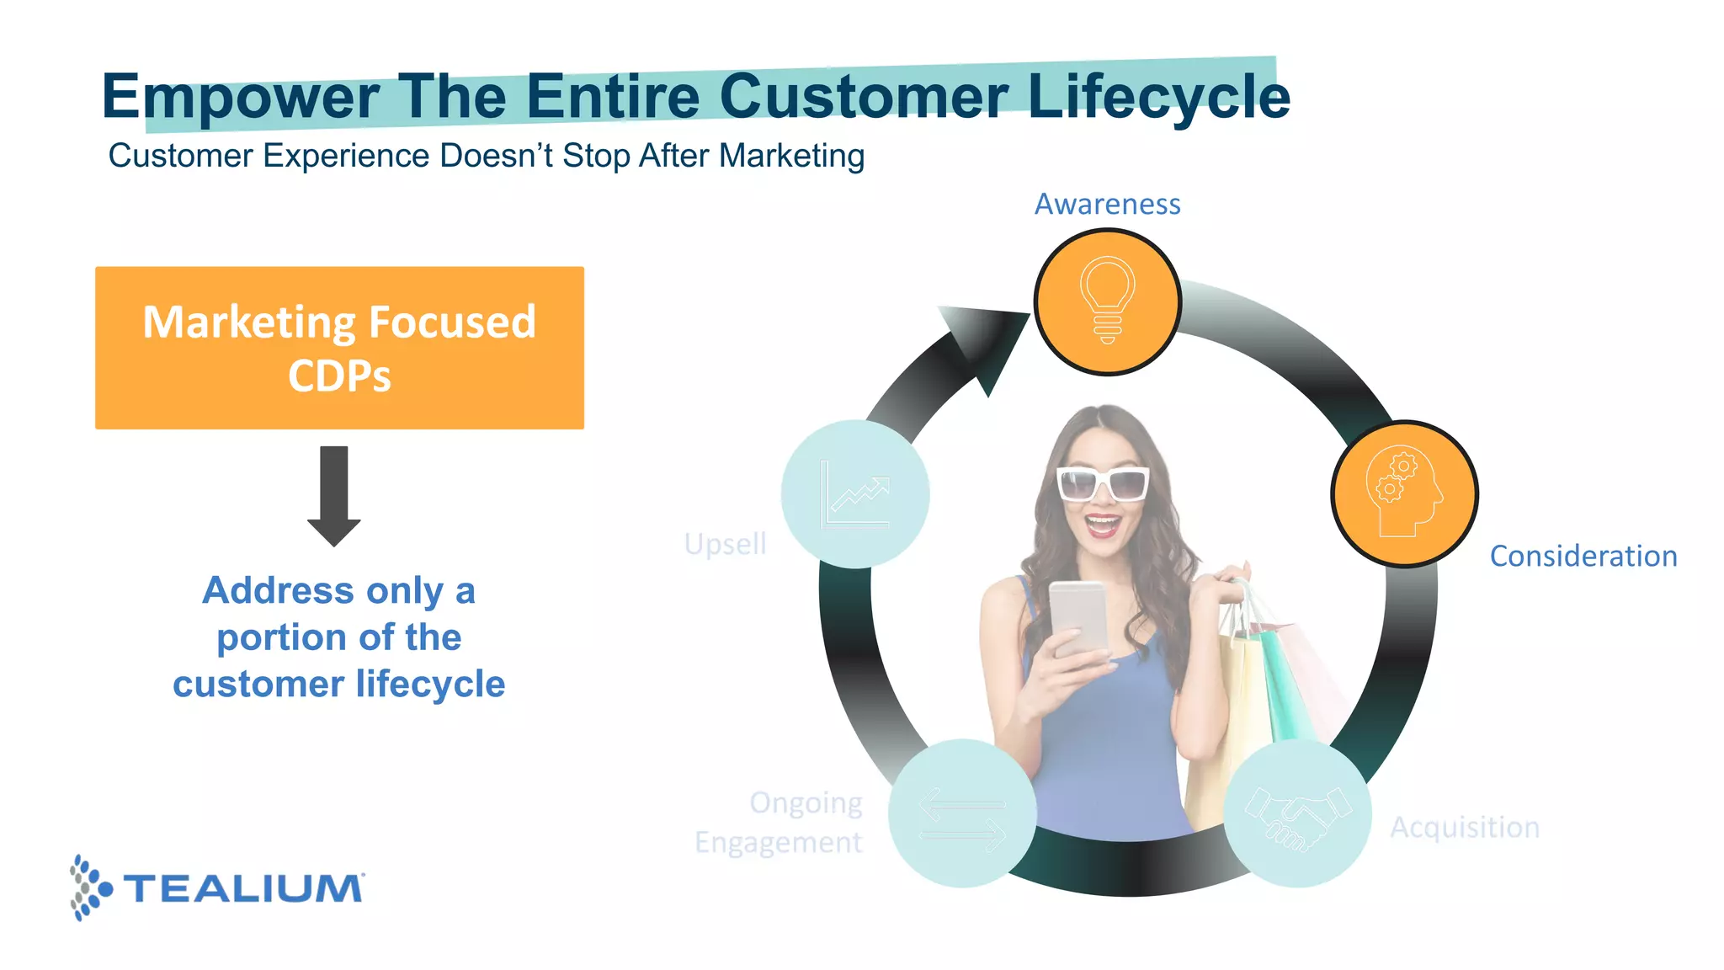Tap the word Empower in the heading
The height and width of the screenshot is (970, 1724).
click(241, 97)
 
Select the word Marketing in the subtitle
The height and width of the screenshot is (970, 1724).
click(791, 156)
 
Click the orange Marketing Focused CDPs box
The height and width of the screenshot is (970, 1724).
click(339, 348)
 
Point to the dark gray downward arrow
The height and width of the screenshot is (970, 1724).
click(334, 496)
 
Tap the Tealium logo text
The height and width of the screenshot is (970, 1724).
click(244, 889)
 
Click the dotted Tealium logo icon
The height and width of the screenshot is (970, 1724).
click(88, 887)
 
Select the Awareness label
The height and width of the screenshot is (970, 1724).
click(1107, 204)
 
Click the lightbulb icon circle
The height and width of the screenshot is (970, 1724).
click(1108, 301)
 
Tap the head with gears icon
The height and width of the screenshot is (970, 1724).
click(1403, 493)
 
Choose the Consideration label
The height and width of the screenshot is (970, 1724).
click(1583, 556)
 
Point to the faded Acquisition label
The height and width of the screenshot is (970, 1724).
click(1464, 827)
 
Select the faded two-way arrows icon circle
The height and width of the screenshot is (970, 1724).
click(962, 813)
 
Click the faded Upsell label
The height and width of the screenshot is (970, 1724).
click(725, 544)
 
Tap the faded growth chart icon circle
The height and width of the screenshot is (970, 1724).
click(854, 494)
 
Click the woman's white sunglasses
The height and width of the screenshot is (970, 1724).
click(1103, 483)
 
